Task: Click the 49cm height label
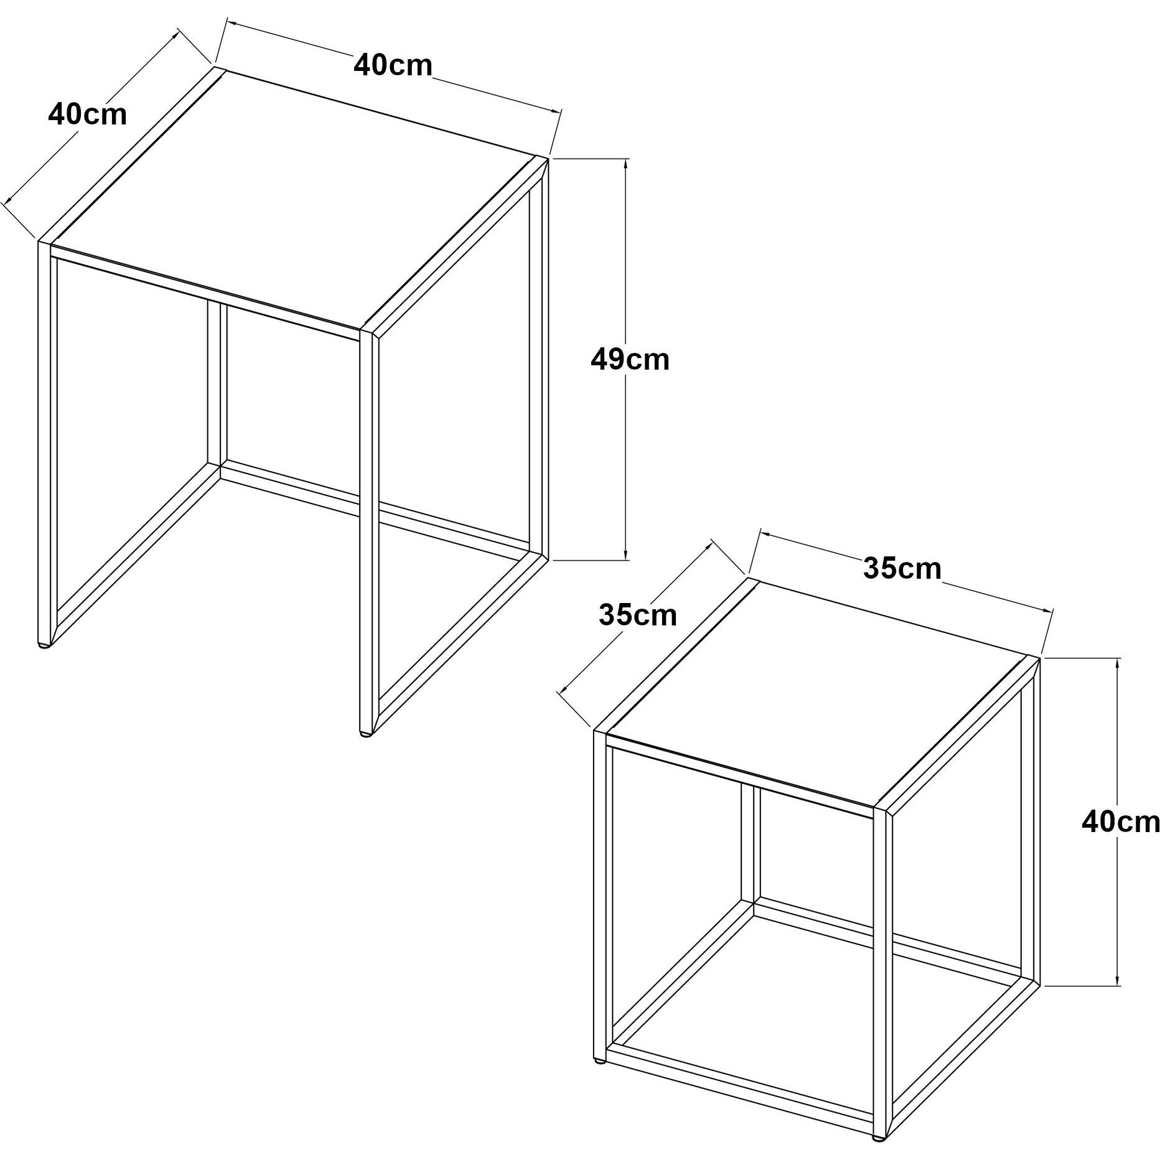click(630, 360)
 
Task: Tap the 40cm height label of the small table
click(1120, 822)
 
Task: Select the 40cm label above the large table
click(393, 65)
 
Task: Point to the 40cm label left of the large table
click(87, 115)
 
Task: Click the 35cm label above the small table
click(902, 568)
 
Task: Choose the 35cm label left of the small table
click(638, 615)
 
